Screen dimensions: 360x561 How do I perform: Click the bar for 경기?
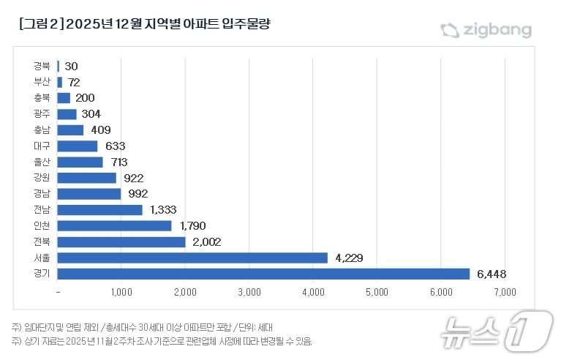[263, 274]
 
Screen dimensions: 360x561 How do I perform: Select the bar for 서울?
[192, 258]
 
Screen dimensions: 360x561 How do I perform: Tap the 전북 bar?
[121, 241]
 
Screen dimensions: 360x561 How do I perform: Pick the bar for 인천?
[114, 225]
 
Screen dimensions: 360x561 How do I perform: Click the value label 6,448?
[492, 274]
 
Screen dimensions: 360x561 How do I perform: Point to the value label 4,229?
[349, 258]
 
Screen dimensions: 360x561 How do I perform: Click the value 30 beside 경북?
[71, 66]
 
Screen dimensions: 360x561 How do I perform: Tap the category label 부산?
[42, 82]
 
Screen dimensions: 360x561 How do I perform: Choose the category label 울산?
[42, 162]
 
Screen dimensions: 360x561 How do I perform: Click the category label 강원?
[42, 178]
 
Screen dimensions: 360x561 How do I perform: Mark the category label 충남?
[42, 130]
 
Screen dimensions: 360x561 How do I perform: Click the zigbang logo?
[486, 30]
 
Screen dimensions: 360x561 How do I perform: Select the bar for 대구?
[78, 146]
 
